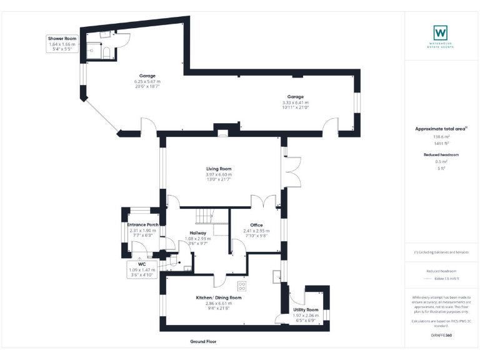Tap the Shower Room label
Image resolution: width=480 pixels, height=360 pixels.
[61, 39]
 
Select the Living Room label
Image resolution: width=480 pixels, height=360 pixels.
[219, 169]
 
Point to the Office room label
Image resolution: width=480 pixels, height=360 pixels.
[256, 225]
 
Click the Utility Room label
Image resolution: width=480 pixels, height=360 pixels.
[306, 310]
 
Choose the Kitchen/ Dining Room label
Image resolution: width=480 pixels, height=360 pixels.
[219, 297]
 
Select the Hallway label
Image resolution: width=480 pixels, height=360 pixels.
[198, 233]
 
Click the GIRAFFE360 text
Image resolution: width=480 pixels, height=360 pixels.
[441, 336]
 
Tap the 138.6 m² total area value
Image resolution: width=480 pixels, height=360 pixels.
[441, 137]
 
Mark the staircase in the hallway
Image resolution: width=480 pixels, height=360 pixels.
[204, 216]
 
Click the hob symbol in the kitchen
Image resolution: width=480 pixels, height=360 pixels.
[242, 286]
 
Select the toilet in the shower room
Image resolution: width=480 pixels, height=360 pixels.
[106, 52]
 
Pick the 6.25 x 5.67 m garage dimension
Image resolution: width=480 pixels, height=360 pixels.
[147, 81]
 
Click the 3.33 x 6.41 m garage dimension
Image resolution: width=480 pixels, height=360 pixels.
[295, 102]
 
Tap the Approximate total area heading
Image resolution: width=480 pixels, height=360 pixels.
[441, 129]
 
